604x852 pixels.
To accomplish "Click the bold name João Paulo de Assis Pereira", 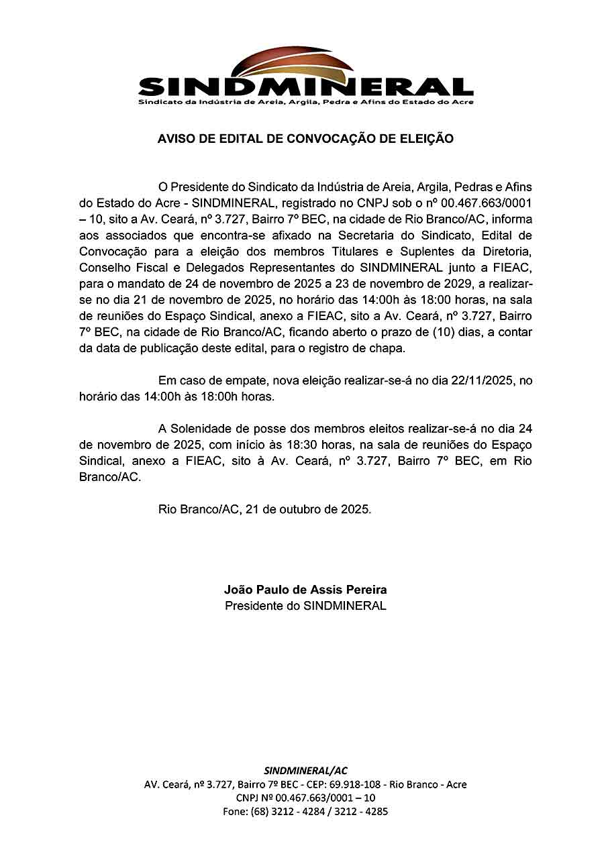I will pyautogui.click(x=305, y=590).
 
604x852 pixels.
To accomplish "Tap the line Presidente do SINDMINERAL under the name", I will pyautogui.click(x=305, y=606).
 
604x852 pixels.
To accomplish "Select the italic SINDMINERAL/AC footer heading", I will pyautogui.click(x=305, y=770).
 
